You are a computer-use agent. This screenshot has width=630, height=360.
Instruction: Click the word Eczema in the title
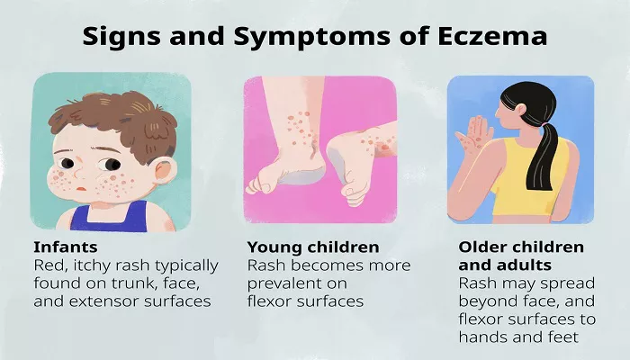[x=492, y=36]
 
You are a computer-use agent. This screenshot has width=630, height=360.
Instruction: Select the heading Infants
[x=66, y=247]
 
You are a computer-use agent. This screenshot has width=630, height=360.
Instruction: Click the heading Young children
[x=313, y=247]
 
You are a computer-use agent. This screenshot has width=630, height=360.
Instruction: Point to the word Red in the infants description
[x=46, y=265]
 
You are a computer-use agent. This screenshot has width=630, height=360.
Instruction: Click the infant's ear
[x=165, y=171]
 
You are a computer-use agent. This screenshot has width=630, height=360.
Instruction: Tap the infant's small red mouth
[x=81, y=188]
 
